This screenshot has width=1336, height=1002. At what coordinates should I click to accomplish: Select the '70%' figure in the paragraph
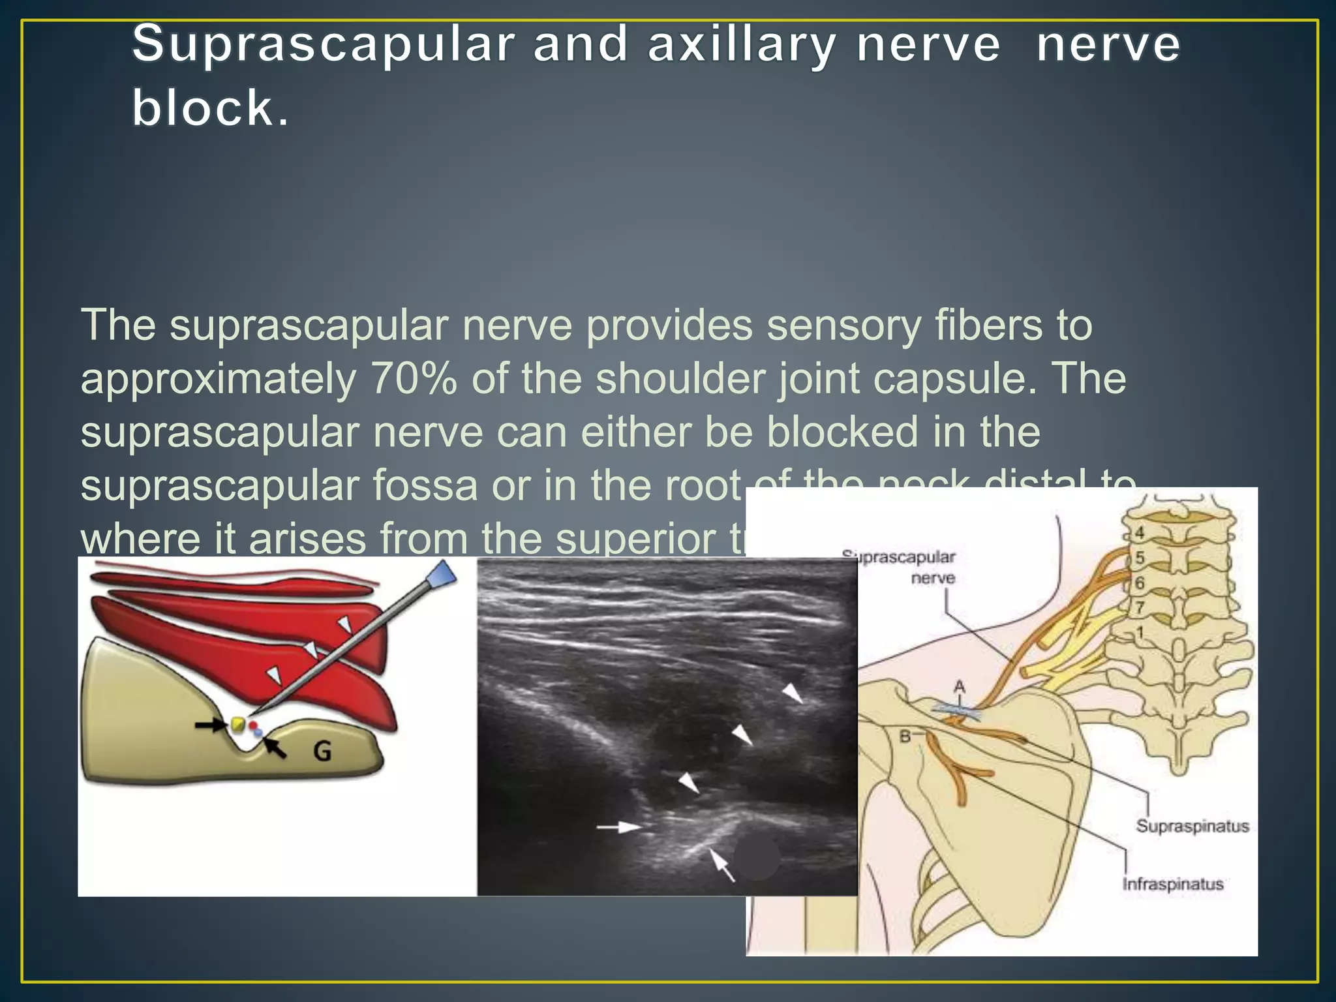point(413,379)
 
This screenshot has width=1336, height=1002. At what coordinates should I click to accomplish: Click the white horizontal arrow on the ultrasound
point(619,827)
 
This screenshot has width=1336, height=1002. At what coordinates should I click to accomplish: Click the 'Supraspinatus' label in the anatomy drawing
point(1192,826)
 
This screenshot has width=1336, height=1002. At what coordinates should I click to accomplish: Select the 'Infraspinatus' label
point(1172,885)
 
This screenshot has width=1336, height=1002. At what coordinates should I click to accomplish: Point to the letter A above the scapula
point(959,686)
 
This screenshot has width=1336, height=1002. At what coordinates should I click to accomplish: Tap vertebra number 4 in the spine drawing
point(1140,532)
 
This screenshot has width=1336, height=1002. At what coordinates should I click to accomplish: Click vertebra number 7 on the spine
point(1140,607)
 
